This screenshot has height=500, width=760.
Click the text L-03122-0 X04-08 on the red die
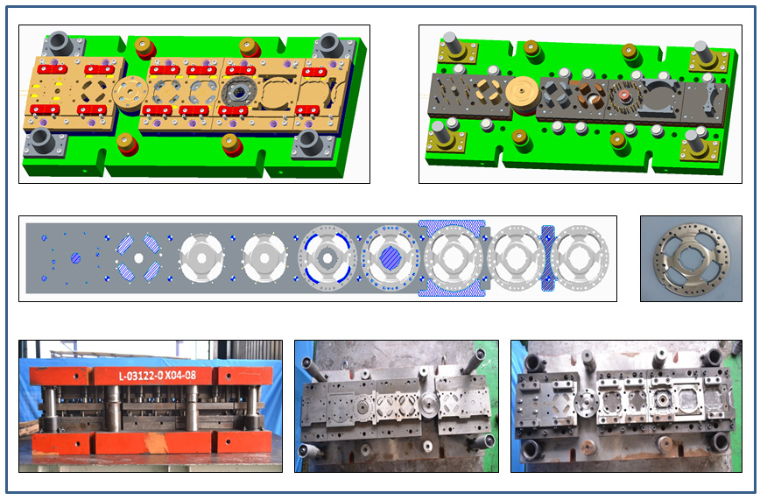tap(157, 376)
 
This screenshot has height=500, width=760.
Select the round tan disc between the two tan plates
tap(130, 93)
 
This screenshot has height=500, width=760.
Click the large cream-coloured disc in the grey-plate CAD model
tap(523, 92)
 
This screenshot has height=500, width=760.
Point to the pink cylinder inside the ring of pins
tap(624, 95)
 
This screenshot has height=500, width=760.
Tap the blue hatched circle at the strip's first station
tap(75, 258)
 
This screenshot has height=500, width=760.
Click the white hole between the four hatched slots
tap(138, 258)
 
